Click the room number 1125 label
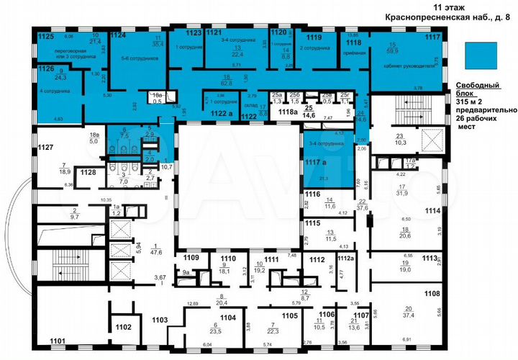[46, 35]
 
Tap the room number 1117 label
[432, 36]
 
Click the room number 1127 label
[45, 146]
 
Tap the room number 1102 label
[123, 327]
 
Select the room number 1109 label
[191, 258]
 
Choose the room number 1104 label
[227, 317]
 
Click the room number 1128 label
[88, 172]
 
